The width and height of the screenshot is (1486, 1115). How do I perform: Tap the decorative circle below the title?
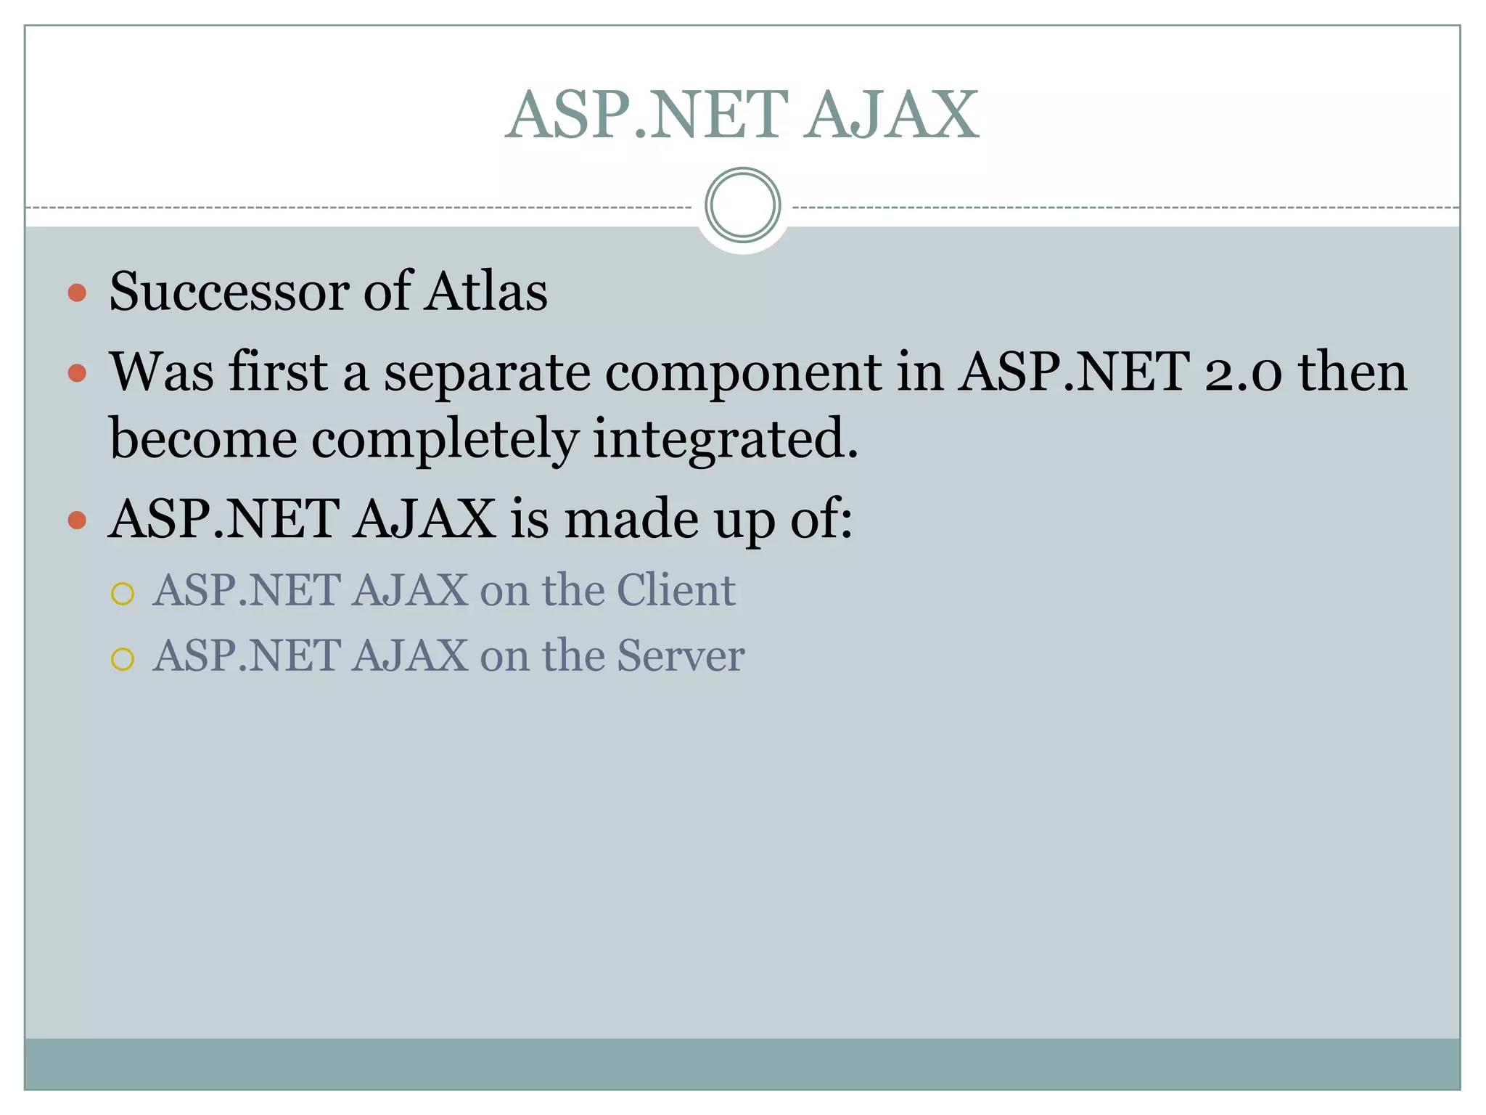[742, 205]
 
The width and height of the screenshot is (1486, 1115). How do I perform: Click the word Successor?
[229, 292]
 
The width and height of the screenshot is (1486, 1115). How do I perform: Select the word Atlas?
[486, 292]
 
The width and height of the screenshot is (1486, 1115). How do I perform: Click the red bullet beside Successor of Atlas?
[77, 293]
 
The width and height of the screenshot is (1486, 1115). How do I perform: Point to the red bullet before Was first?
[77, 374]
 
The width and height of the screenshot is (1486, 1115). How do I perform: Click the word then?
[1352, 372]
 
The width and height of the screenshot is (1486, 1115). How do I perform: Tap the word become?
[203, 439]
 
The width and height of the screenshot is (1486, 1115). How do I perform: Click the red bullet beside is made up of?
[77, 520]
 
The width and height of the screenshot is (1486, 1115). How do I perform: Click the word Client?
[676, 589]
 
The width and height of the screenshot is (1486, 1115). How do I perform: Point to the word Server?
[680, 655]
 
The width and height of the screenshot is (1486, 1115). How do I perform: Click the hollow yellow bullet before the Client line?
[123, 594]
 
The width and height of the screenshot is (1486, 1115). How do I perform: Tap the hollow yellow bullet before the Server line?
[123, 659]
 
